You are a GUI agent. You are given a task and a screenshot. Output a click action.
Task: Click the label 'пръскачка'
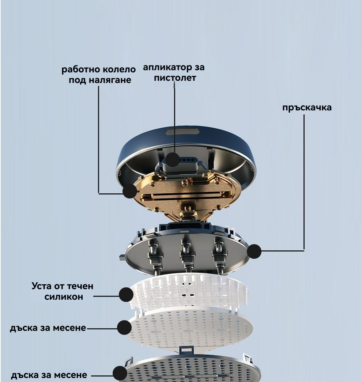(307, 108)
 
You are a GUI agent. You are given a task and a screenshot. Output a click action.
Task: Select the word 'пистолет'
(175, 78)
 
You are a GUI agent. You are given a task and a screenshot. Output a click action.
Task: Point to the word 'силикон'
(64, 297)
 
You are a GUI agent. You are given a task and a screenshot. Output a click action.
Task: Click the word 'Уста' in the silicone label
(42, 286)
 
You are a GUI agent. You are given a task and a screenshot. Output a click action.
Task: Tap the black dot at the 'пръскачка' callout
(254, 251)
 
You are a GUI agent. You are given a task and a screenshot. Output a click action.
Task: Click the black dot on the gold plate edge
(130, 191)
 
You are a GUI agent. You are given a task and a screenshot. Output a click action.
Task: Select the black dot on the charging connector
(172, 160)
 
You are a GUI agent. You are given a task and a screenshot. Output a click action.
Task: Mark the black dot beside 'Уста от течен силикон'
(126, 295)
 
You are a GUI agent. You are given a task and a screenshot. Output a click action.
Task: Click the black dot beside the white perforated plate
(124, 327)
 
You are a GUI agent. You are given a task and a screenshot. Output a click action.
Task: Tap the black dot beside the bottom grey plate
(120, 373)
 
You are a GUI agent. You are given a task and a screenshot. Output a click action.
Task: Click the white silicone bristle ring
(189, 292)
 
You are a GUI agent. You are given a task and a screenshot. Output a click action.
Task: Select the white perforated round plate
(190, 328)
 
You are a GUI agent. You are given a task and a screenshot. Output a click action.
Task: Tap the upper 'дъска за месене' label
(48, 328)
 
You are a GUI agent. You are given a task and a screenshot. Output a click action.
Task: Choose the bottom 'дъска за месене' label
(49, 375)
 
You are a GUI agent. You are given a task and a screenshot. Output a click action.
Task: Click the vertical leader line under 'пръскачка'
(304, 182)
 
